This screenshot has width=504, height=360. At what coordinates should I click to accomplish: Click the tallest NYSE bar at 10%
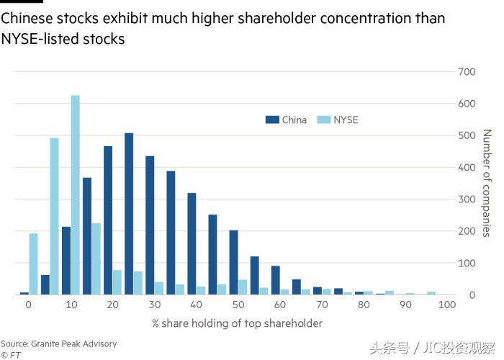[75, 194]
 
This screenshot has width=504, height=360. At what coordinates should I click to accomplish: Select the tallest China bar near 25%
[129, 214]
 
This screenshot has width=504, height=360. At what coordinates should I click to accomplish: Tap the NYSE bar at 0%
[33, 264]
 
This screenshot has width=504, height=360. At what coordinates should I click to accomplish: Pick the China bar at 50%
[233, 262]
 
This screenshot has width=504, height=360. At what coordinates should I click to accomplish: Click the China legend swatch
[272, 120]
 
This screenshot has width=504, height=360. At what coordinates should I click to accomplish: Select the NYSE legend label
[346, 120]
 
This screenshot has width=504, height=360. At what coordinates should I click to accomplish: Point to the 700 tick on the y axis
[467, 72]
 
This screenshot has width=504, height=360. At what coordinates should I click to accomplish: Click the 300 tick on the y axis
[467, 199]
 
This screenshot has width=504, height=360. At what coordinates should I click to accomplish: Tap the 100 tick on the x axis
[446, 305]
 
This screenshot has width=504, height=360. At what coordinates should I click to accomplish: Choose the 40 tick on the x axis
[195, 305]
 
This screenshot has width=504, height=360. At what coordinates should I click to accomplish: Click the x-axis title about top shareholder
[237, 323]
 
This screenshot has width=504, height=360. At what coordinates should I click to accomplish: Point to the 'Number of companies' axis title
[487, 183]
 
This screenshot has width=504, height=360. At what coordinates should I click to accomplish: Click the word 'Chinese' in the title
[24, 18]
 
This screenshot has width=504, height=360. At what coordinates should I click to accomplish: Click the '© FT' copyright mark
[11, 354]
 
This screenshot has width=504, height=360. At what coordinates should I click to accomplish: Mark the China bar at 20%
[108, 220]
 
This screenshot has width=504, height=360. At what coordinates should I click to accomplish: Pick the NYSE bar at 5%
[54, 216]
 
